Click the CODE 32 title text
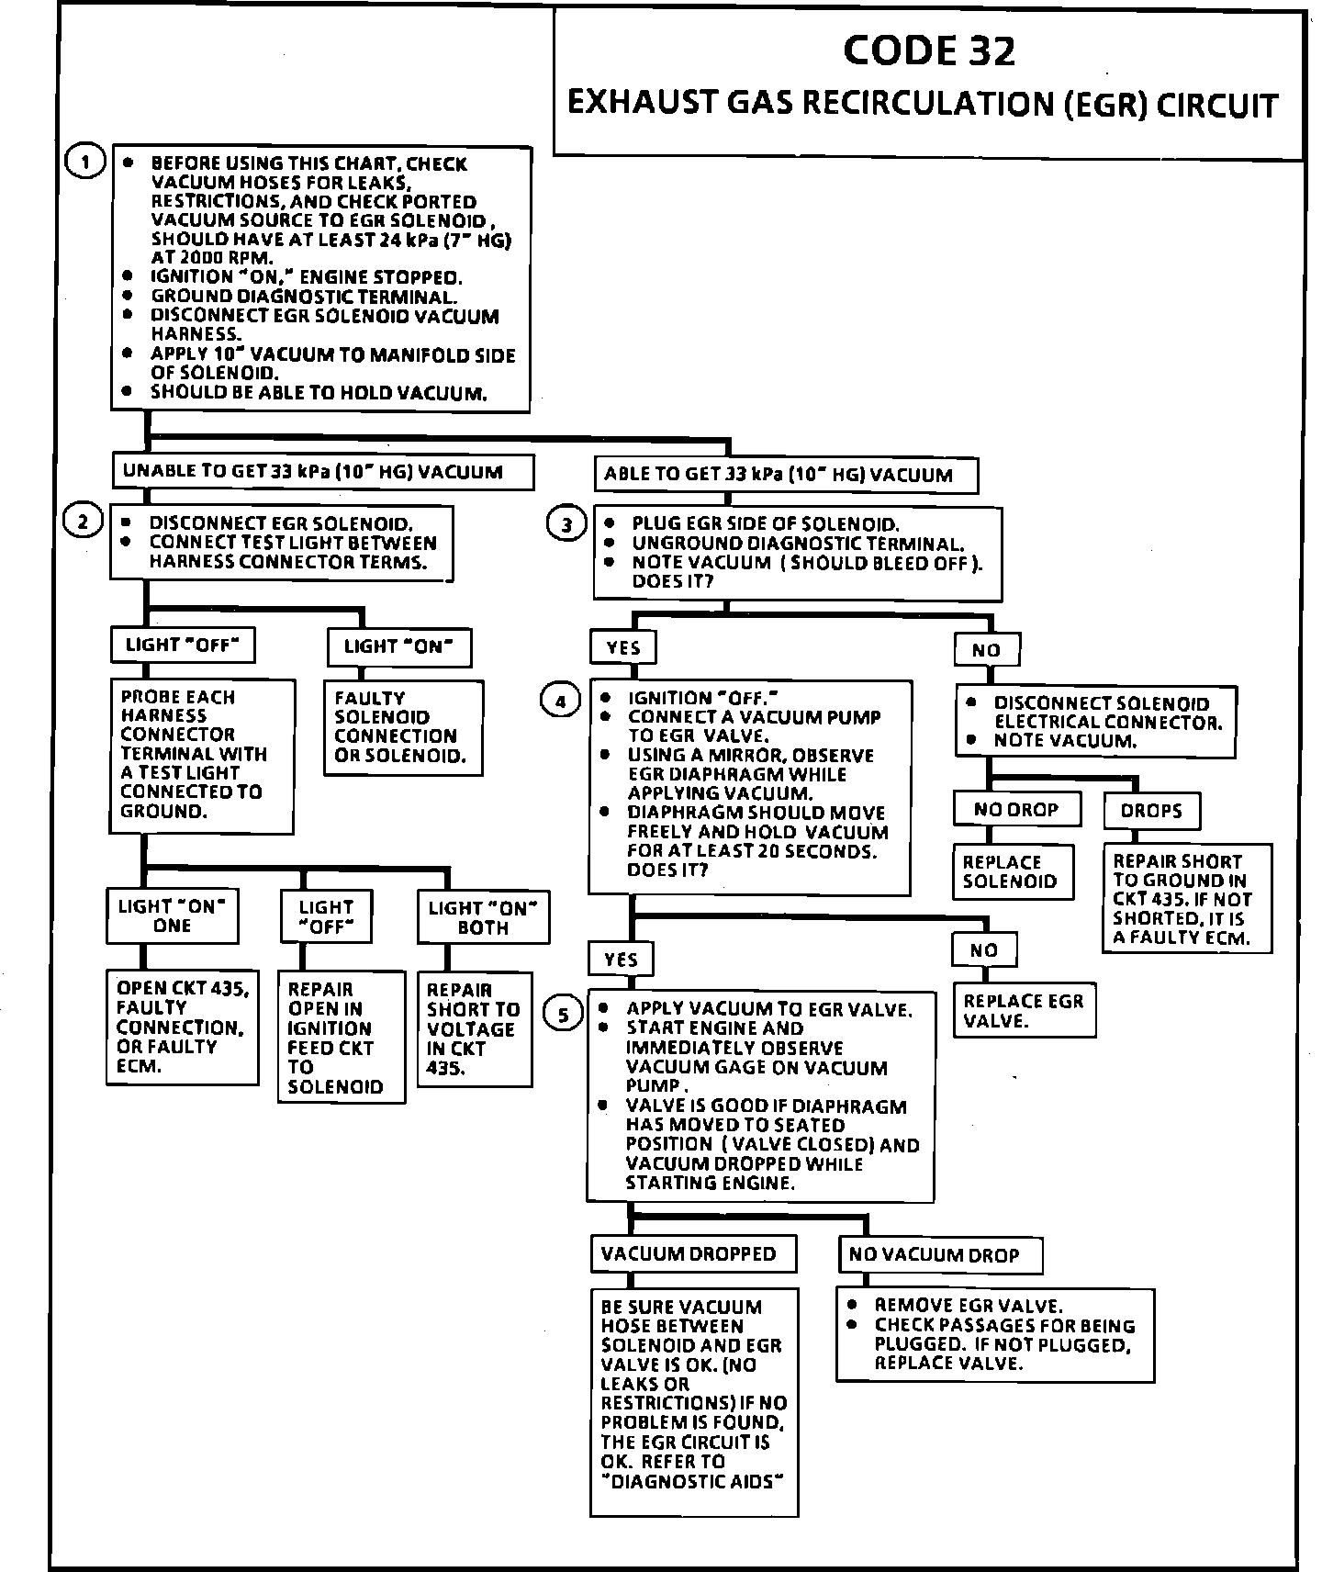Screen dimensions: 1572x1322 pos(929,51)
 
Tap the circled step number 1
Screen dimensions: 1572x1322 pos(84,163)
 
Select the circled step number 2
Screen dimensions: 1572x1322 pos(83,522)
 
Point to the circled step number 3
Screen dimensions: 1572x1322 pos(566,524)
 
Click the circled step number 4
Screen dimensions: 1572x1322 pos(561,702)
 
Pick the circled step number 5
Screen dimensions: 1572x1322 pos(564,1014)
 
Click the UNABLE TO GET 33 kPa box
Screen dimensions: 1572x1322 pos(322,472)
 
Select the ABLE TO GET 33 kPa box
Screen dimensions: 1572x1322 pos(785,475)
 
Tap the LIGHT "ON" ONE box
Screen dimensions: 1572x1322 pos(172,915)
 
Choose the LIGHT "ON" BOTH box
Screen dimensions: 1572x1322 pos(483,916)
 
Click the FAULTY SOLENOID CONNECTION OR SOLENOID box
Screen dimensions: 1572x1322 pos(404,727)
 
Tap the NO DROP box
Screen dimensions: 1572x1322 pos(1015,810)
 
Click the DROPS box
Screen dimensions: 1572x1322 pos(1151,811)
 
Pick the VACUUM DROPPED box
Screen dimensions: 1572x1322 pos(692,1253)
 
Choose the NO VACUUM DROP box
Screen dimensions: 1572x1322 pos(940,1254)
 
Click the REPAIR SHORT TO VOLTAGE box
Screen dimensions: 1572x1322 pos(474,1028)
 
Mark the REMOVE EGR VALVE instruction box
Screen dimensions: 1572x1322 pos(995,1334)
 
